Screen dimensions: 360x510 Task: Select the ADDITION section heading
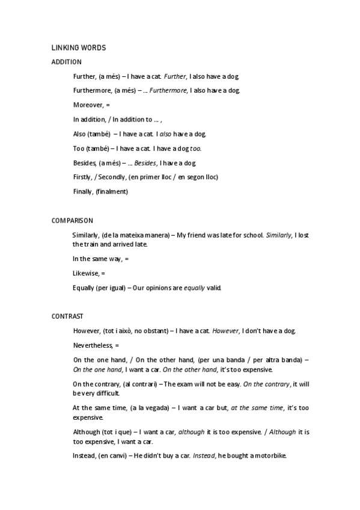pos(67,62)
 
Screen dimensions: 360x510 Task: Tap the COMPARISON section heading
pos(72,221)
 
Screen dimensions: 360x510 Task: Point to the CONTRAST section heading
pos(67,316)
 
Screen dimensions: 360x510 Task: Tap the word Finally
pos(83,192)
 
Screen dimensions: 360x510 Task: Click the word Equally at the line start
pos(83,287)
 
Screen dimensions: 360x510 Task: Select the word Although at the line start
pos(86,432)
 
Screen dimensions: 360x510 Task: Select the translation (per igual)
pos(109,287)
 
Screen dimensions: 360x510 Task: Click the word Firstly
pos(82,177)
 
